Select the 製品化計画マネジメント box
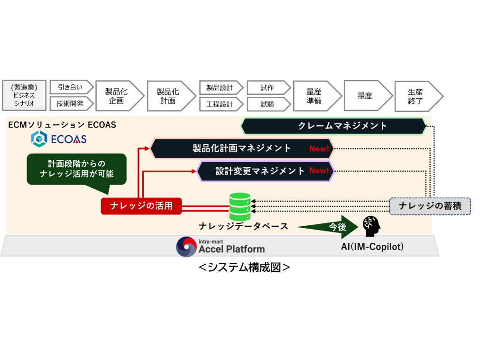tap(242, 148)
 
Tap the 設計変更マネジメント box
tap(266, 171)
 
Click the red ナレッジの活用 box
tap(141, 206)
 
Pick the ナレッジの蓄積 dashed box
tap(430, 206)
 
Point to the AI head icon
tap(371, 226)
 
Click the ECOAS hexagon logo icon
tap(38, 139)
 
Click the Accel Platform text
tap(231, 249)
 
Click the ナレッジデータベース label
tap(243, 226)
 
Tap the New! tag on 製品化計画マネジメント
tap(319, 149)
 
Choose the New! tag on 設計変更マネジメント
tap(319, 171)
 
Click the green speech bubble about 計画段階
tap(77, 168)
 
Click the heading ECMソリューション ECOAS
tap(62, 125)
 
